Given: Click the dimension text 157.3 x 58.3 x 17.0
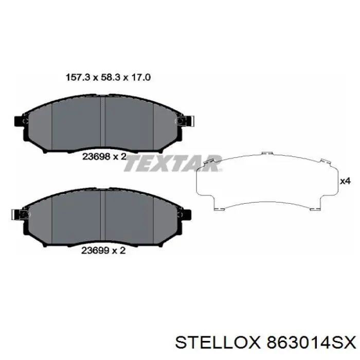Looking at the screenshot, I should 108,78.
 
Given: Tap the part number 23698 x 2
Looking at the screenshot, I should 104,157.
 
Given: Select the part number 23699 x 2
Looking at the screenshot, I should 104,251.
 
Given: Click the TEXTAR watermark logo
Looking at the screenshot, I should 173,164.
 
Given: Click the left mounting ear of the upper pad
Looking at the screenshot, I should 20,122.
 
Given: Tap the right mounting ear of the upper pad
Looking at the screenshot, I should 187,121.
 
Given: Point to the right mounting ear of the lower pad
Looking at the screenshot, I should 187,213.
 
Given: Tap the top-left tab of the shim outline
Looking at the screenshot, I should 209,161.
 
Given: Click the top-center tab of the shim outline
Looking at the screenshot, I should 265,153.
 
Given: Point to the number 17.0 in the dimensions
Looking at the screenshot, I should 141,78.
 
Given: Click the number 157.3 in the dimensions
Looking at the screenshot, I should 76,78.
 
